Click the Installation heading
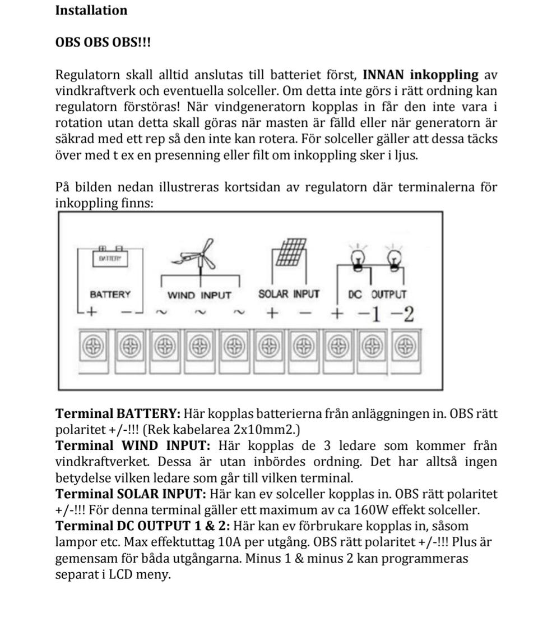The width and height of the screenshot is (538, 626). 91,10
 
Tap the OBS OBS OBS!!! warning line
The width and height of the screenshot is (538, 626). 103,43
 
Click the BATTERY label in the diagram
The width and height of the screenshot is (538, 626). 110,294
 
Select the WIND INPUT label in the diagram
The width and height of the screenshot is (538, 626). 199,294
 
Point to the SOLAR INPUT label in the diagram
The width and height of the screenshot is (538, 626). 289,294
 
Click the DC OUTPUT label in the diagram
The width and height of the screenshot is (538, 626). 377,294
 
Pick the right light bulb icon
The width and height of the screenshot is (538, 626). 395,258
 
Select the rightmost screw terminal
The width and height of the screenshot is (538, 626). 402,347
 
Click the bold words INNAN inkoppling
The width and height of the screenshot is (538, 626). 420,75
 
